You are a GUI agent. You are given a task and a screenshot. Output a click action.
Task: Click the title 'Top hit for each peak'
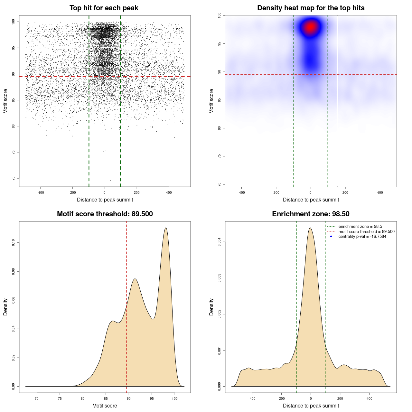pyautogui.click(x=104, y=8)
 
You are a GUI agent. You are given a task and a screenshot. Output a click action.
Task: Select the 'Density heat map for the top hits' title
pyautogui.click(x=311, y=8)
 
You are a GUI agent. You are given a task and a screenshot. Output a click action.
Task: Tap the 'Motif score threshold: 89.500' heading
pyautogui.click(x=105, y=214)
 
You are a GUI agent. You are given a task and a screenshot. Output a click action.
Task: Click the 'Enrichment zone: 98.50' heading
pyautogui.click(x=311, y=214)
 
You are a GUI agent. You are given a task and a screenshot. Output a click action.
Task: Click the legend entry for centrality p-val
pyautogui.click(x=362, y=237)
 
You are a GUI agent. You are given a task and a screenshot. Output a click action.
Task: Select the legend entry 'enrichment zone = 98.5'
pyautogui.click(x=360, y=227)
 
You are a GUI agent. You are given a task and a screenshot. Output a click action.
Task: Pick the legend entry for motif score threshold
pyautogui.click(x=366, y=232)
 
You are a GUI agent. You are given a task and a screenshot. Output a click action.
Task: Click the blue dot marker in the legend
pyautogui.click(x=331, y=237)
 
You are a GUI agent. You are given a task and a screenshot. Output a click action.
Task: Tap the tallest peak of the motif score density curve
pyautogui.click(x=166, y=228)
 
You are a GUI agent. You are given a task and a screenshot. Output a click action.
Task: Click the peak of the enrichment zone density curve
pyautogui.click(x=310, y=228)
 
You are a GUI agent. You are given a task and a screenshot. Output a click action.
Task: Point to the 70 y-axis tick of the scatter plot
pyautogui.click(x=14, y=178)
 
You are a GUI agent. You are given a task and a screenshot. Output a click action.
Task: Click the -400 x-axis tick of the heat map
pyautogui.click(x=241, y=193)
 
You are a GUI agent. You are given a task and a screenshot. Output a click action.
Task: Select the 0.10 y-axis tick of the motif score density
pyautogui.click(x=14, y=243)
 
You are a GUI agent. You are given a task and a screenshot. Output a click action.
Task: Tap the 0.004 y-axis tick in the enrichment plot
pyautogui.click(x=220, y=242)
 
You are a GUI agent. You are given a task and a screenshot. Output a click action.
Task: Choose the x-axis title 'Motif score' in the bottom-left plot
pyautogui.click(x=105, y=406)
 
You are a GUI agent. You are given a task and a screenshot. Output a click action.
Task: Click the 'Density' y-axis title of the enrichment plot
pyautogui.click(x=211, y=307)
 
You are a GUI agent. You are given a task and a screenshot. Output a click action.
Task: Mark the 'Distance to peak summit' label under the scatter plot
pyautogui.click(x=105, y=200)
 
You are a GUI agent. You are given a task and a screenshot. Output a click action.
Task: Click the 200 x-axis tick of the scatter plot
pyautogui.click(x=137, y=193)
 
